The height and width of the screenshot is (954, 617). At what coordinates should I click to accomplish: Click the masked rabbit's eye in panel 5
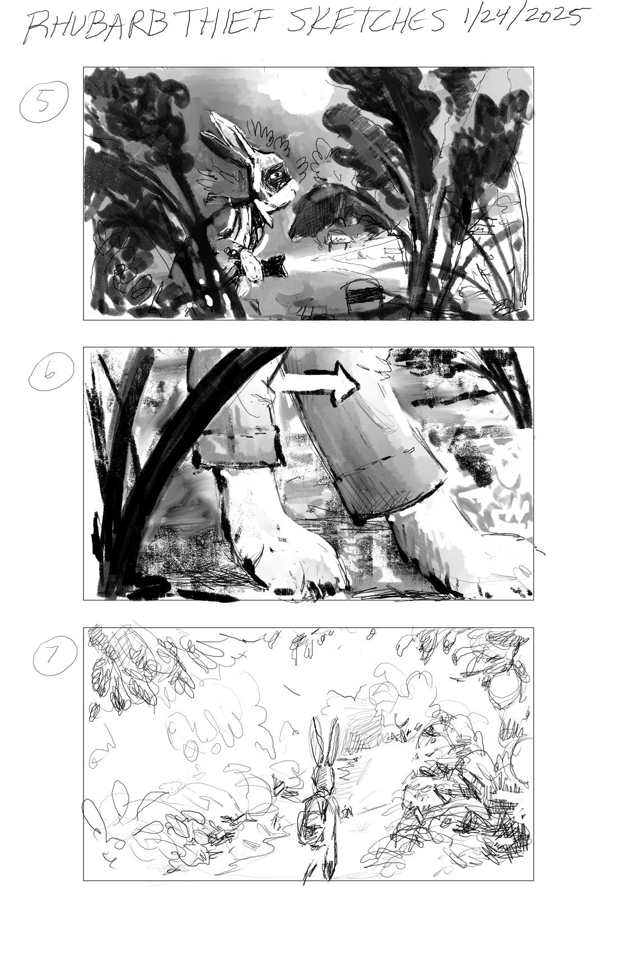[x=277, y=174]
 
